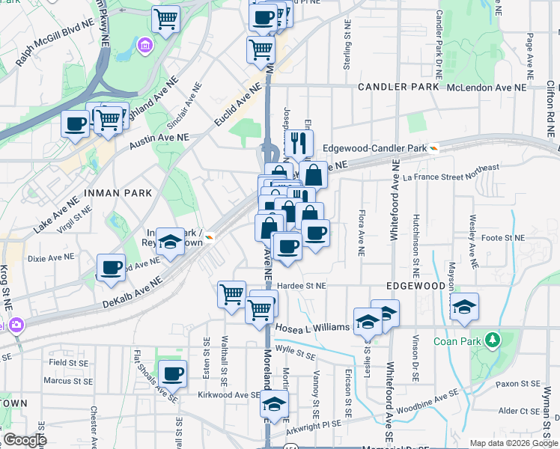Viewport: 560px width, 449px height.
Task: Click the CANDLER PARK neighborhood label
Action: pos(398,88)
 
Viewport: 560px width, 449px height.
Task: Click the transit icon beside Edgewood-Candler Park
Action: pos(434,148)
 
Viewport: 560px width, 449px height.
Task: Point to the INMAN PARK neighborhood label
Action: pos(118,193)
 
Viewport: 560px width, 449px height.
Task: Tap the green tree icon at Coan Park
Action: pos(492,340)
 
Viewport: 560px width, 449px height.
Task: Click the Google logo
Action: pos(24,439)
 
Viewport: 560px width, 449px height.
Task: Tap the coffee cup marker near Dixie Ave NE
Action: pos(112,267)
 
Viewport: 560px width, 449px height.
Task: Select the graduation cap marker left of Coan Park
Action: pos(464,306)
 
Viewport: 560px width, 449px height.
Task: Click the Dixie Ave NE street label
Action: pos(51,257)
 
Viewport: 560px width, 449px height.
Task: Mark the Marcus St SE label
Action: pos(67,380)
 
